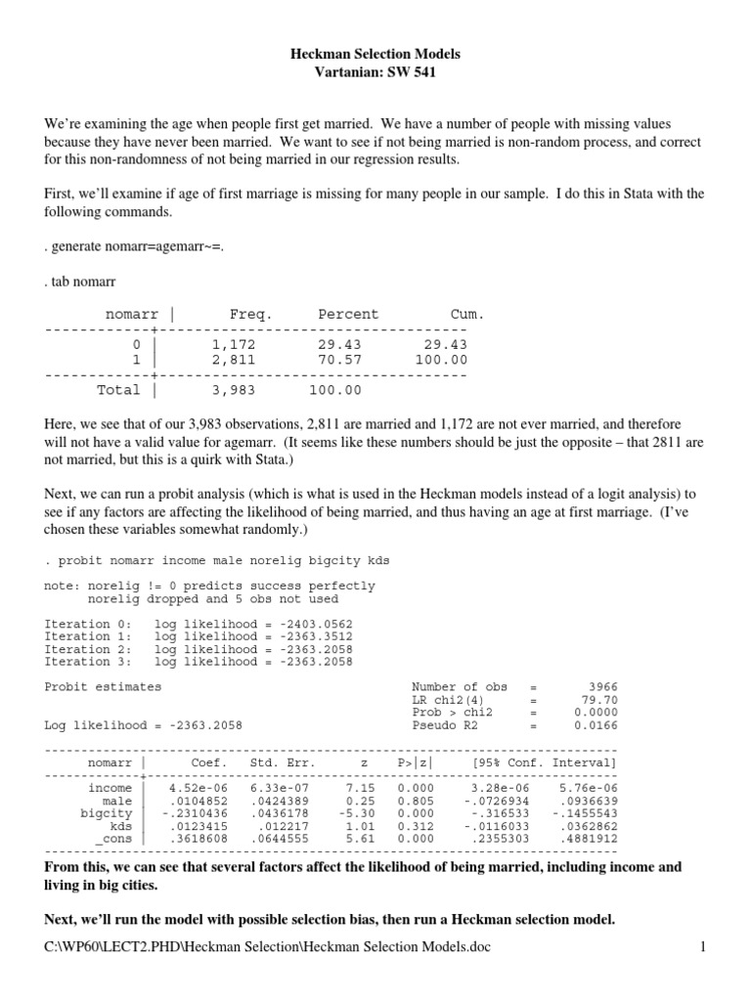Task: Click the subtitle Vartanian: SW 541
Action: point(375,74)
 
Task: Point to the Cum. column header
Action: point(466,315)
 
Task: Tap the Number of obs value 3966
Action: point(599,687)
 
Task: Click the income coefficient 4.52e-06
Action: point(198,787)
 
